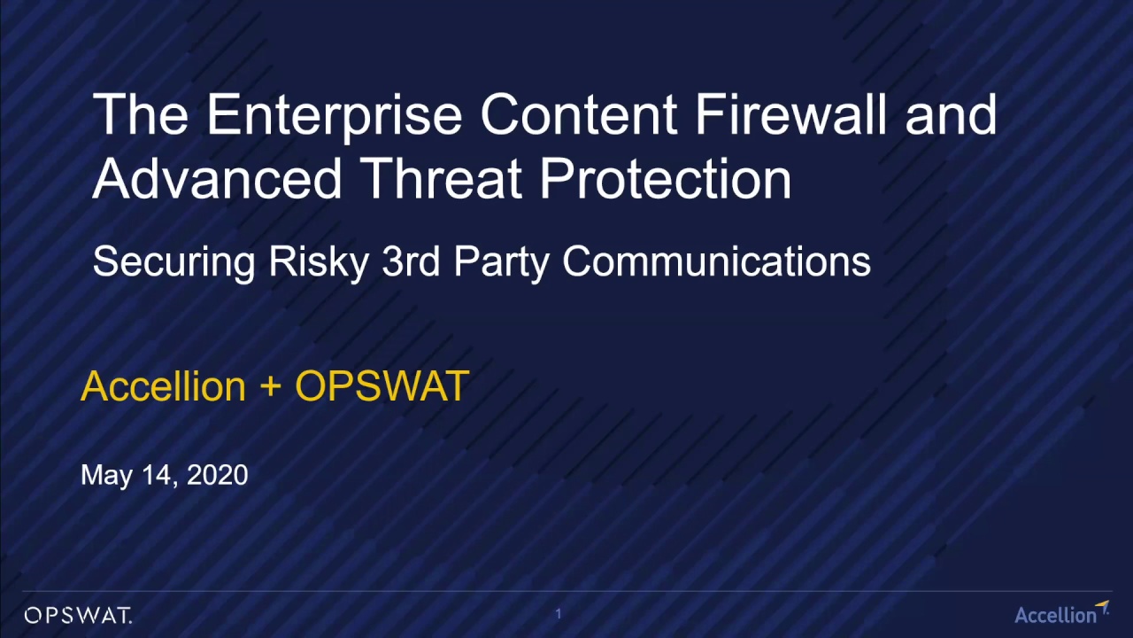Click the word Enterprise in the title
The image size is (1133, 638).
(x=334, y=116)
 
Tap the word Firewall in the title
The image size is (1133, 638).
(x=790, y=115)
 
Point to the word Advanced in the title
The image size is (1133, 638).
(x=217, y=178)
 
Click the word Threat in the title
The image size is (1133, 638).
(x=442, y=178)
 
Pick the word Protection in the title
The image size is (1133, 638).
(x=666, y=178)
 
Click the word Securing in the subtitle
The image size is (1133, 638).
(x=174, y=262)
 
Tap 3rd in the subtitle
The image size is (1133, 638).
(x=411, y=261)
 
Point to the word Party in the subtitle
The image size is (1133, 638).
(x=501, y=262)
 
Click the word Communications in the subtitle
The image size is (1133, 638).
(x=716, y=261)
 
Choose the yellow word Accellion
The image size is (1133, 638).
(x=163, y=386)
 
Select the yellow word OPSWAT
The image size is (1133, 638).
(x=382, y=386)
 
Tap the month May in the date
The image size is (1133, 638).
(x=106, y=476)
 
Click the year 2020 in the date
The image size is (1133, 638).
(x=218, y=475)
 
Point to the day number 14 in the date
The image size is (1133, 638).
(x=158, y=475)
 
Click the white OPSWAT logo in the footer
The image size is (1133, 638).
(x=78, y=615)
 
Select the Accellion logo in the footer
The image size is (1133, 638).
(x=1060, y=613)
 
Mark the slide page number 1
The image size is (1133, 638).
(x=559, y=613)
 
